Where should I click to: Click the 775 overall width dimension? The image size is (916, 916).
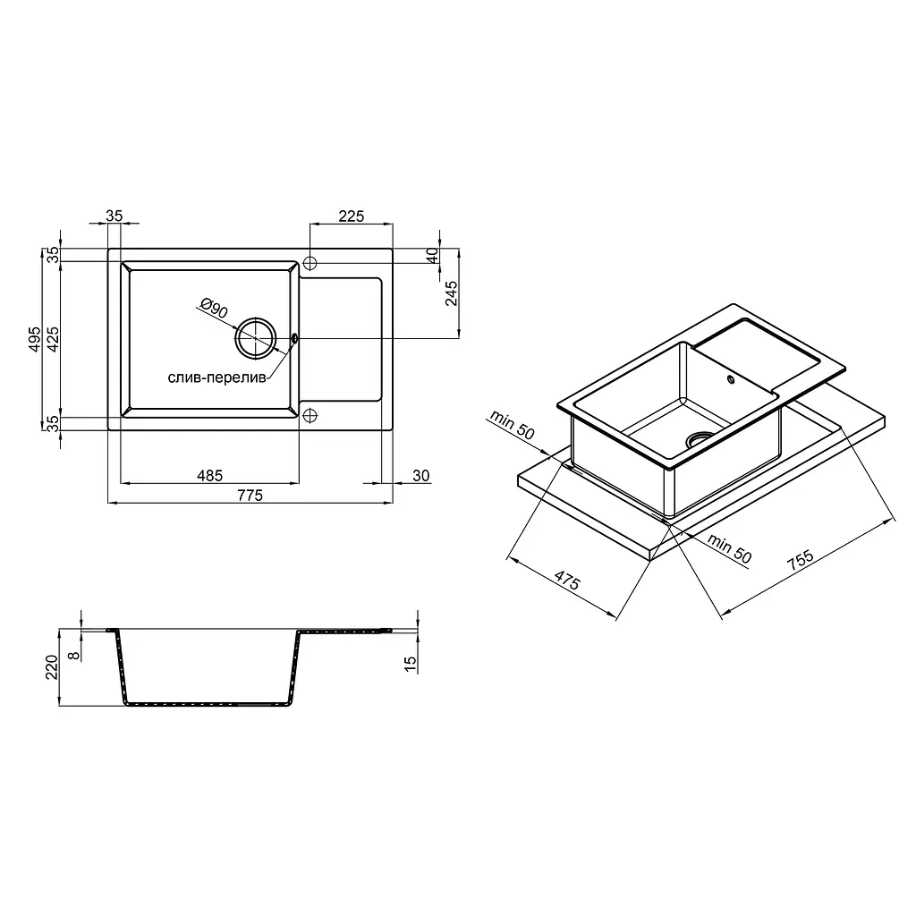250,496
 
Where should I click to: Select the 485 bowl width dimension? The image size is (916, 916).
209,476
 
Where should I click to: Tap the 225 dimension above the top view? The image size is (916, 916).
351,216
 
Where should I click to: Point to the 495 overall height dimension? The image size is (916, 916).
35,339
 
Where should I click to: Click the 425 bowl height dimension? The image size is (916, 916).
53,339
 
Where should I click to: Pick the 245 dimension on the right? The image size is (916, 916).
451,293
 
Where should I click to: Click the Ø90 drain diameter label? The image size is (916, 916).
214,308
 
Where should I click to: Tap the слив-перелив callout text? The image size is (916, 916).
216,378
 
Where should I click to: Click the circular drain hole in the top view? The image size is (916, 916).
255,337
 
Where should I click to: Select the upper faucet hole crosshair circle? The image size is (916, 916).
310,263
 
